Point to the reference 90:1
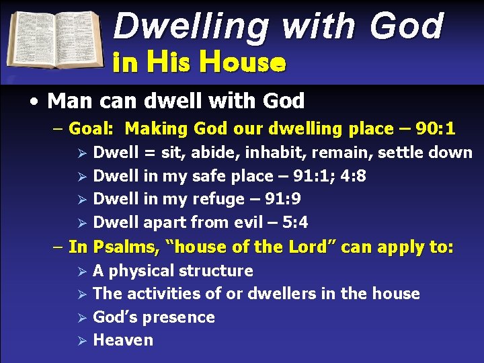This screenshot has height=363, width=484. (436, 128)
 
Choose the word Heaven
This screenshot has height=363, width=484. (123, 340)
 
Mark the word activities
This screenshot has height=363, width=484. (161, 294)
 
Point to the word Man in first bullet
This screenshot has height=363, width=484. (66, 102)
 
